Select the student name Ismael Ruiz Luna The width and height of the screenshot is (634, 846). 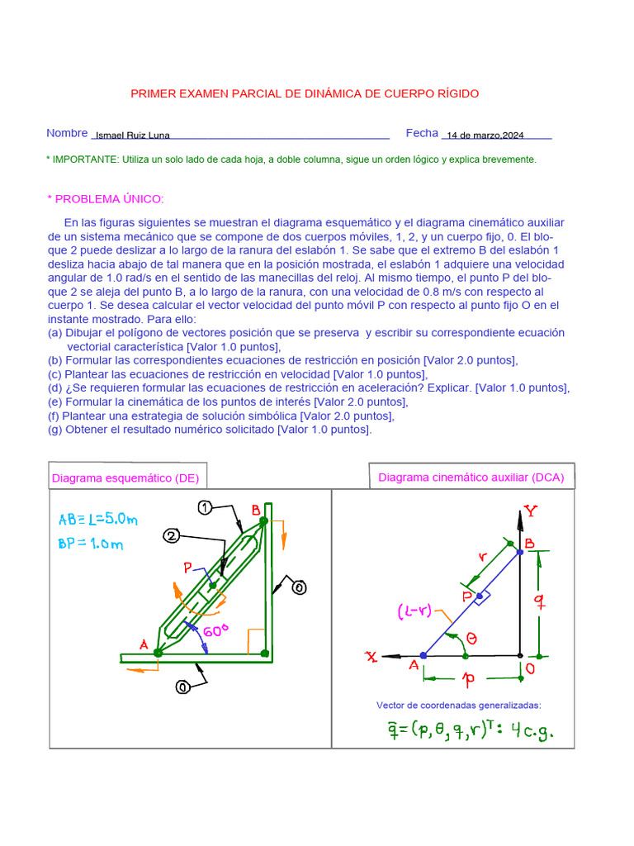coord(133,135)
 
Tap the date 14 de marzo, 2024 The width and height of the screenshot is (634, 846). coord(485,135)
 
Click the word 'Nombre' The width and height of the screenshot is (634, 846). coord(67,133)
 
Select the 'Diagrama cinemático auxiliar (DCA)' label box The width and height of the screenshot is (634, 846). coord(471,478)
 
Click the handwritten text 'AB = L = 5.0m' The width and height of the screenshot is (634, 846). coord(97,520)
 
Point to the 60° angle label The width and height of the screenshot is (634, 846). coord(215,631)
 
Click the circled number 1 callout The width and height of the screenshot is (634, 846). coord(206,506)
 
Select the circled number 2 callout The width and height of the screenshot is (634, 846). coord(171,536)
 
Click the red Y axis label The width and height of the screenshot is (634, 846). coord(531,511)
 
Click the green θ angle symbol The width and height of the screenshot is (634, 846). coord(471,638)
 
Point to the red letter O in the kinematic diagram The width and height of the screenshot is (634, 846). coord(531,668)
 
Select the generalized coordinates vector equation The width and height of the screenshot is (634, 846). coord(459,729)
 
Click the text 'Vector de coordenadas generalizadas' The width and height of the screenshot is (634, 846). coord(458,705)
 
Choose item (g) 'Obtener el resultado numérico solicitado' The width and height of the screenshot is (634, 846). coord(211,429)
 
